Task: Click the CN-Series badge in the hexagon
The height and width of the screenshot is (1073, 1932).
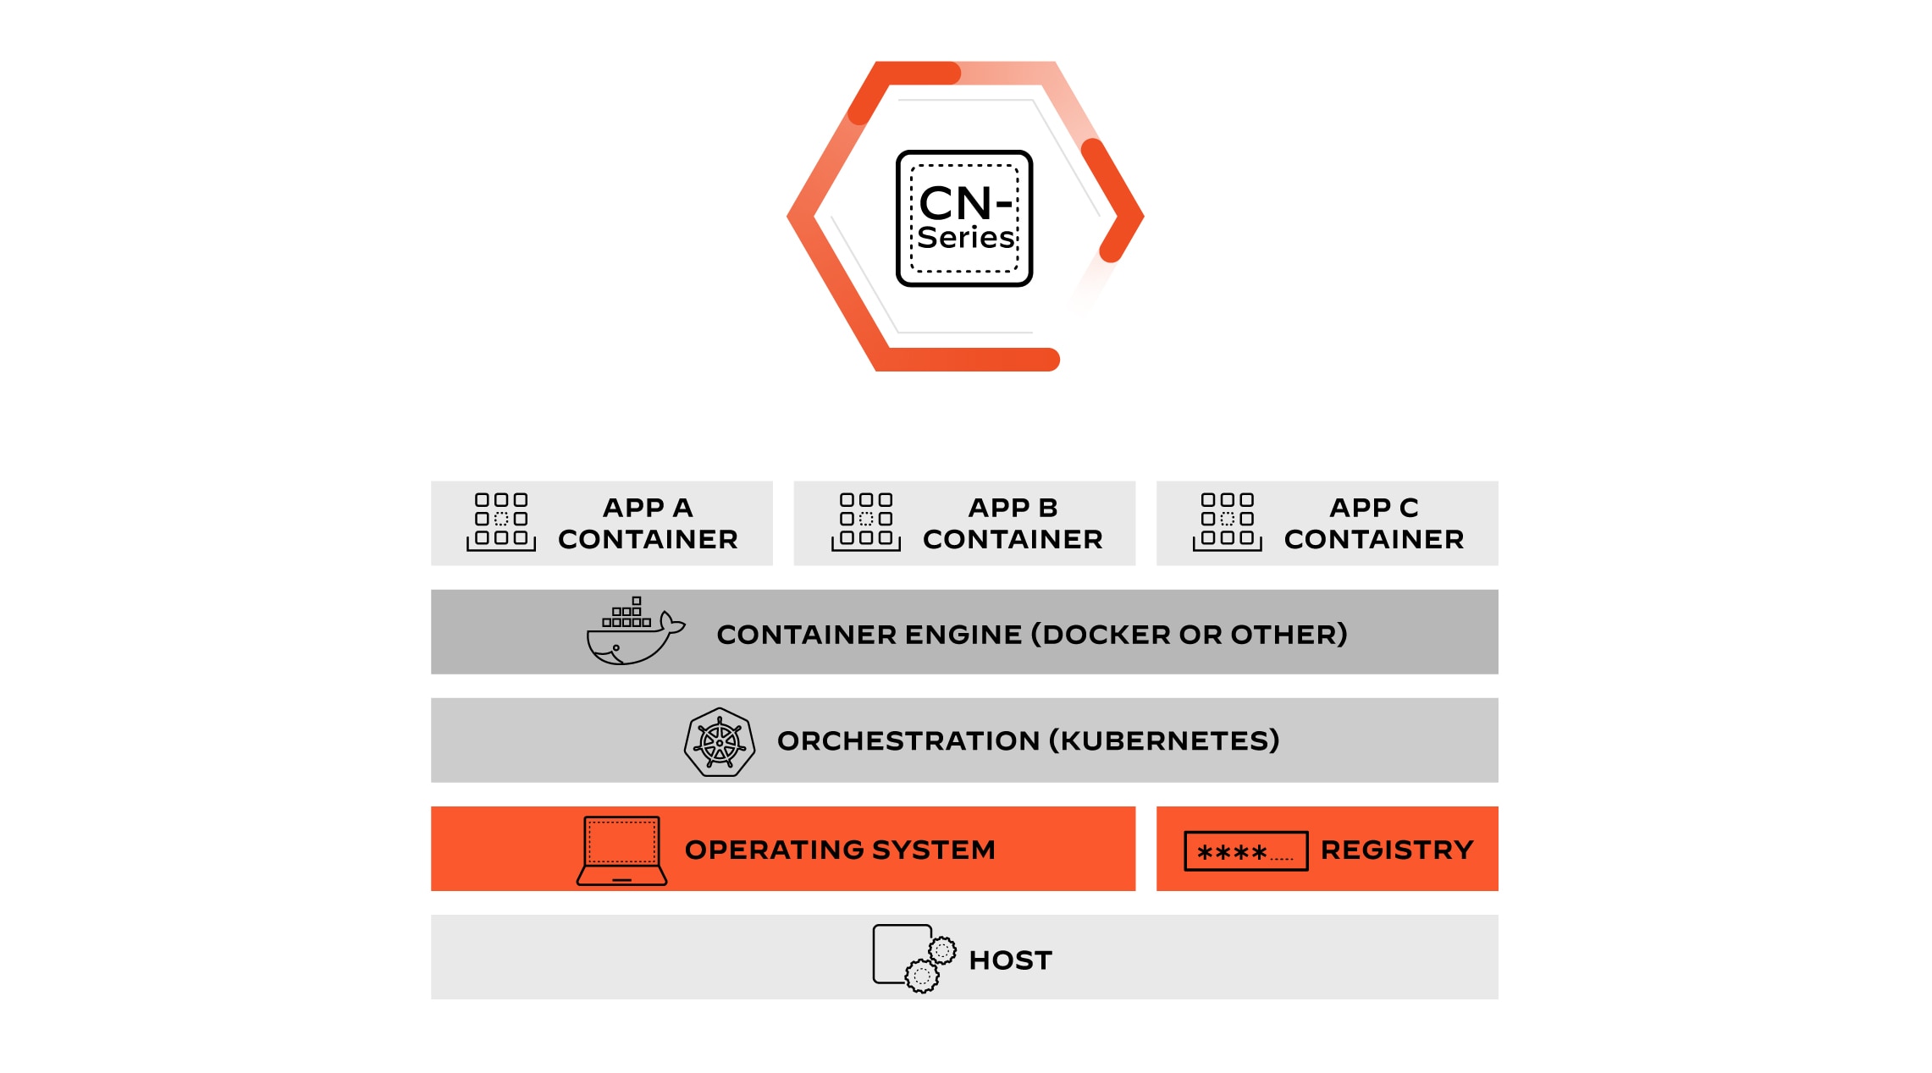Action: coord(964,218)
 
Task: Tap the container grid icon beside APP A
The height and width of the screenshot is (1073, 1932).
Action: coord(501,521)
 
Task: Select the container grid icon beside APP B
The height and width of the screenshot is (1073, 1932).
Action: coord(866,521)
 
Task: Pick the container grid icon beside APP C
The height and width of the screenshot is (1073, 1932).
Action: coord(1228,521)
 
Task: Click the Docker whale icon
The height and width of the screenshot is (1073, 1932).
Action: coord(633,633)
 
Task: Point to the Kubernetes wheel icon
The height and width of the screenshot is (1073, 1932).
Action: coord(720,742)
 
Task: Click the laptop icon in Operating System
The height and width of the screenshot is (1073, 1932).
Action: coord(622,850)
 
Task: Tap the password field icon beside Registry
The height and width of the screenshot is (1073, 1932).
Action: coord(1245,850)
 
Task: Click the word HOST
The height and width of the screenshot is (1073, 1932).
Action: coord(1010,960)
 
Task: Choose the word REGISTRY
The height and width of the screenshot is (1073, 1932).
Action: coord(1397,850)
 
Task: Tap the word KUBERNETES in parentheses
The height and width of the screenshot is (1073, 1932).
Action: coord(1164,740)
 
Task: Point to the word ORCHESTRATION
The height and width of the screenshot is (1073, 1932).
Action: coord(908,740)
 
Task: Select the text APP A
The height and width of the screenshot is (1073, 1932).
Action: coord(648,507)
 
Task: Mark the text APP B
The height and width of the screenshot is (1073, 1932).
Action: coord(1013,507)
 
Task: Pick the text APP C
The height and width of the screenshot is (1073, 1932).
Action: coord(1373,507)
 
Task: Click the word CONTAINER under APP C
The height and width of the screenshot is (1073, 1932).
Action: coord(1373,539)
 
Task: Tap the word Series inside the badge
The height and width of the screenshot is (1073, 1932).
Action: coord(965,238)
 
